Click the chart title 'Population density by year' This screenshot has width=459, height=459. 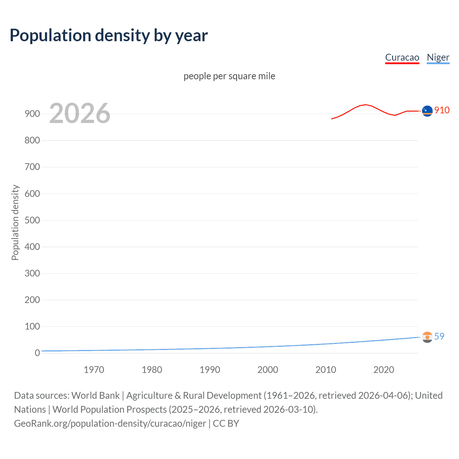click(109, 36)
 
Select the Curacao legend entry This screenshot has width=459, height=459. click(402, 57)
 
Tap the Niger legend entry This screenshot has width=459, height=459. click(438, 57)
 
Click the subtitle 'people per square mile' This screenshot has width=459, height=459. click(229, 76)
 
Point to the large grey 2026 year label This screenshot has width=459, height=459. click(80, 113)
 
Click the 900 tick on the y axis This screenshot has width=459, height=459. click(32, 114)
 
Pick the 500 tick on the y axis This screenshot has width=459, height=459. click(32, 220)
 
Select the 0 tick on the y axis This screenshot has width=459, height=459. click(37, 353)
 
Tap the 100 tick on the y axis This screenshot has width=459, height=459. click(32, 326)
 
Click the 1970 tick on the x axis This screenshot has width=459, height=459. click(94, 370)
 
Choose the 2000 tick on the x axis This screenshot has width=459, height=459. click(268, 370)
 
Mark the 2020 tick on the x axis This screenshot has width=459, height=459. click(384, 370)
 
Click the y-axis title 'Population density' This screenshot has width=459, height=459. click(15, 222)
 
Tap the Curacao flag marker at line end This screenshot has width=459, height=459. click(427, 111)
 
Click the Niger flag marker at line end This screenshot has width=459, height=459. click(427, 337)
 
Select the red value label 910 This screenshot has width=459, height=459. click(442, 110)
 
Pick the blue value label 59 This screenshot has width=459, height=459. click(439, 336)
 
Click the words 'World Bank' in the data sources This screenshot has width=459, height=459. click(95, 396)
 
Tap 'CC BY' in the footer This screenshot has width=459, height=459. click(226, 423)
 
